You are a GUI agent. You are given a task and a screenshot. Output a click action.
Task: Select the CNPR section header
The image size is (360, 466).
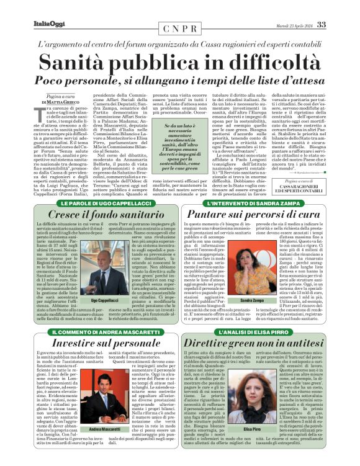coord(180,29)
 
